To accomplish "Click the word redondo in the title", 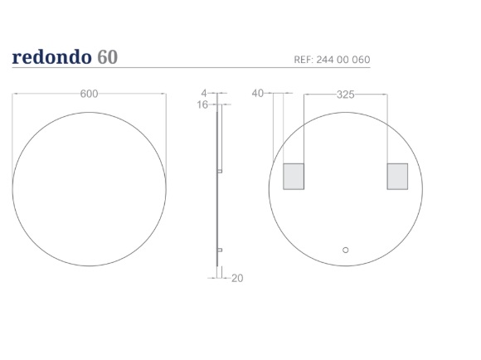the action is (52, 56).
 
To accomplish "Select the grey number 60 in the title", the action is (107, 57).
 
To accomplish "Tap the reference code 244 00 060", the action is (343, 60).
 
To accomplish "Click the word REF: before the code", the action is (304, 60).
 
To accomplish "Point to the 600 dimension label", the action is (89, 94).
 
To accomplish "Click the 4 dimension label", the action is (204, 93).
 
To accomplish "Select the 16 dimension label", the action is (202, 105).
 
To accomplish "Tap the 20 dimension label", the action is (237, 278).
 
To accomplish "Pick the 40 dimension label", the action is (257, 93).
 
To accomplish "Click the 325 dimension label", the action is (346, 95).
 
